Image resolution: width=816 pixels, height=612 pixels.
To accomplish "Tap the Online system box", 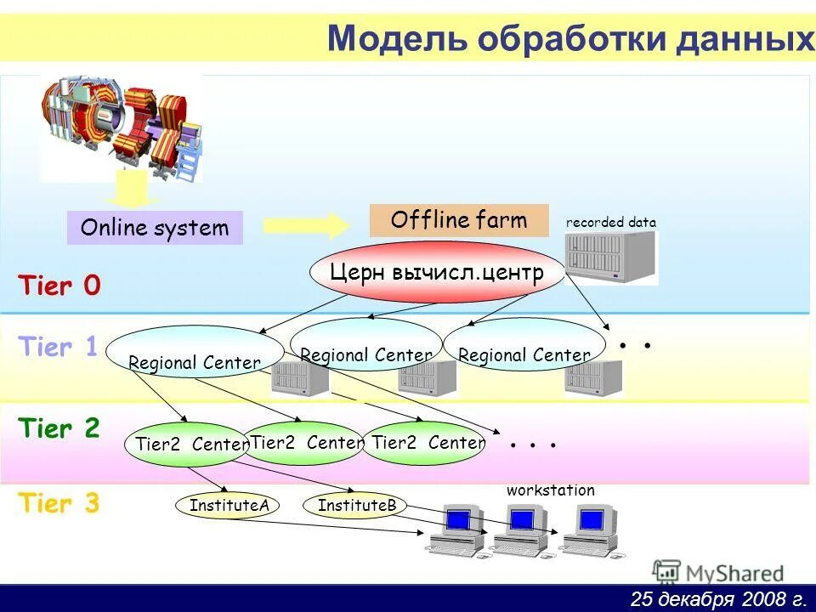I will [155, 228].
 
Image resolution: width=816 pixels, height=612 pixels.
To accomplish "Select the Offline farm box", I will [459, 221].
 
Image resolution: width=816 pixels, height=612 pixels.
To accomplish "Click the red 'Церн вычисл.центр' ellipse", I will [437, 273].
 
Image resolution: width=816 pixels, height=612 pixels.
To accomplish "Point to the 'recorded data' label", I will [610, 223].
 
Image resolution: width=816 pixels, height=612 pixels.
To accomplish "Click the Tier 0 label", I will [59, 286].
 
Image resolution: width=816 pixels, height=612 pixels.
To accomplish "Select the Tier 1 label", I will [58, 347].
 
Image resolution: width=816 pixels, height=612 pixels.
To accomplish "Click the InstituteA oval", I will [229, 506].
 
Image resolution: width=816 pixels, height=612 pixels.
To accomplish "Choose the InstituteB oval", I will [357, 506].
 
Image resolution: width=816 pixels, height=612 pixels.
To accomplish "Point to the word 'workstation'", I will [551, 490].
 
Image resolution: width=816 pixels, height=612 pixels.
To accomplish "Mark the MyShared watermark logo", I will [718, 572].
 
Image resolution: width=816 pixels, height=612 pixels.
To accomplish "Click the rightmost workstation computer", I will [588, 530].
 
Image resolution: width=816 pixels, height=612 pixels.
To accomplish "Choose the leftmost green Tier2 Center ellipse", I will [186, 444].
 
